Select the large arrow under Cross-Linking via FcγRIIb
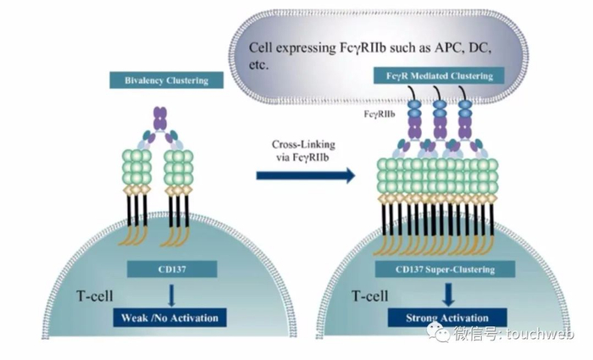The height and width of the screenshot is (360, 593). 305,176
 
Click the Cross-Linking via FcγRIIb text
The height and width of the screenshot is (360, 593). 305,151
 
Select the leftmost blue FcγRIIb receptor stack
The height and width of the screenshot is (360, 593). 415,109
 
